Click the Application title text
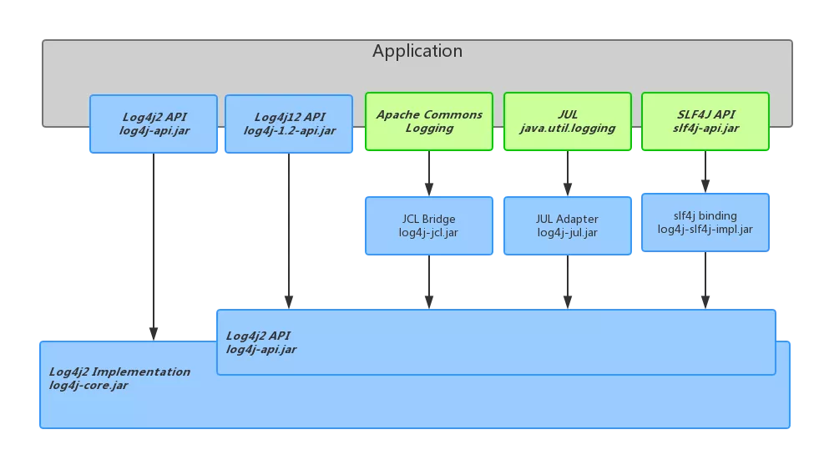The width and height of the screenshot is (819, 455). pos(417,52)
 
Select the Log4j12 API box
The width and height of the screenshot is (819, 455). pos(289,124)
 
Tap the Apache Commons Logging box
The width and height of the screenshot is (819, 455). pos(429,121)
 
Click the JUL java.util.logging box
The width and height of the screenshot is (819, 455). pos(568,121)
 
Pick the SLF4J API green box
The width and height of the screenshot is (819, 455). pos(705,121)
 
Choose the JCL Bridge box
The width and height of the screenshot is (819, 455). pos(429,225)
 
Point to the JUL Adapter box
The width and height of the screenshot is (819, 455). pos(568,225)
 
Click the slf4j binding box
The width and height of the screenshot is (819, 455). pos(705,222)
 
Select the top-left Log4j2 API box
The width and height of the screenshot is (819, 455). pos(153,124)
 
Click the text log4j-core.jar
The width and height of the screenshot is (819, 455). pos(88,386)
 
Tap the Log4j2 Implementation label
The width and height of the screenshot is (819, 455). pos(119,372)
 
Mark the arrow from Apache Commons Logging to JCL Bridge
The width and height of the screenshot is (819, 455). pos(429,174)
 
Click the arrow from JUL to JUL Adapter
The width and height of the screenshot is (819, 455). pos(568,174)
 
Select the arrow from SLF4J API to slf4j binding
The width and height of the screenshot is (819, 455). pos(705,172)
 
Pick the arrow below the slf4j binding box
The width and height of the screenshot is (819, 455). pos(705,281)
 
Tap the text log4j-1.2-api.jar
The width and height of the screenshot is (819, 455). pos(289,131)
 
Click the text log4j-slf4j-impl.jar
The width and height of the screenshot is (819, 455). pos(705,230)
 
